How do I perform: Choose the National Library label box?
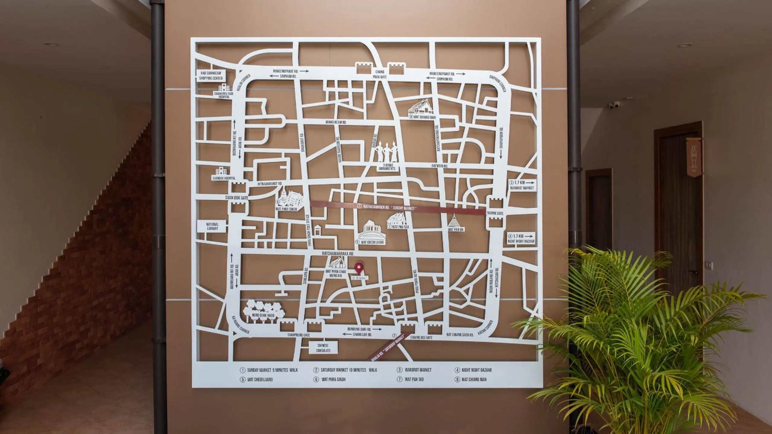(212, 226)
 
